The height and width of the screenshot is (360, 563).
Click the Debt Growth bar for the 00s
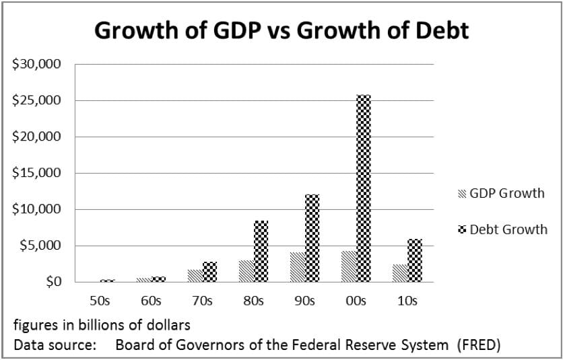(363, 188)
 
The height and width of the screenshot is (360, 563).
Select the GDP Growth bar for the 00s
(349, 266)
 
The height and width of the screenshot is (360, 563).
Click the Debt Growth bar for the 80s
(261, 250)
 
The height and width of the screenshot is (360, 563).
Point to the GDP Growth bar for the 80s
(246, 271)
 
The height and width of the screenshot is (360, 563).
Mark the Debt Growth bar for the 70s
(209, 271)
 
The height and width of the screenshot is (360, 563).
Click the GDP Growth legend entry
(501, 194)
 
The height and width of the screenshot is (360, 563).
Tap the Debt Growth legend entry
(502, 229)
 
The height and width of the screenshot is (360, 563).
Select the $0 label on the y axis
(54, 282)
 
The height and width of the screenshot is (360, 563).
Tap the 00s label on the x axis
(356, 301)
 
